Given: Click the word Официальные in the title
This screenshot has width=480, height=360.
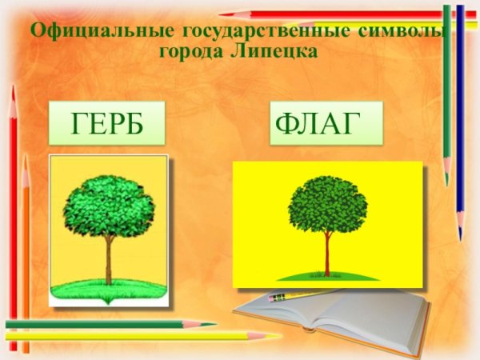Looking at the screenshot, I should point(96,33).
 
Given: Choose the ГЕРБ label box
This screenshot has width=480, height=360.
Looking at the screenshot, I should point(107,124).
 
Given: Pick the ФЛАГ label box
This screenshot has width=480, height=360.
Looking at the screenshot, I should point(326,124).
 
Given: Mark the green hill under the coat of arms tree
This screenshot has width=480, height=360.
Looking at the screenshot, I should point(108,286).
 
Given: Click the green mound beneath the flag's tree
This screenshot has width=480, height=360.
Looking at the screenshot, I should point(327,275).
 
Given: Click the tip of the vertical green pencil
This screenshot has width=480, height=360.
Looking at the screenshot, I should point(446,181).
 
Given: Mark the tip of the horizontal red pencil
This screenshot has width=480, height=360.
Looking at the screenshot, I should point(223,14).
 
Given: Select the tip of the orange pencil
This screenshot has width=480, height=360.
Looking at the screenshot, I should point(25,159).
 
